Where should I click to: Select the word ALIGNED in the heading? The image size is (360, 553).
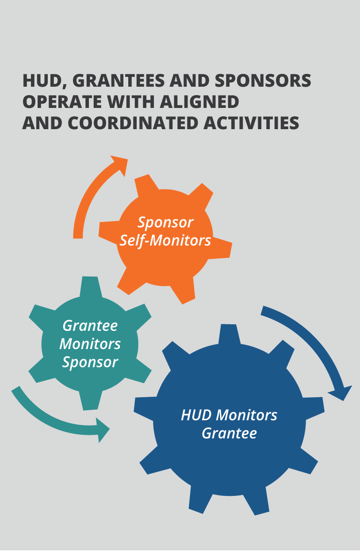[x=199, y=102]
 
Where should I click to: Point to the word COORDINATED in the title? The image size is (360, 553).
[x=133, y=123]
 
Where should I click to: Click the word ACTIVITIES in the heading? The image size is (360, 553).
[x=251, y=123]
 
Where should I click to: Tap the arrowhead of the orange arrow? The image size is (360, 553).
[x=121, y=165]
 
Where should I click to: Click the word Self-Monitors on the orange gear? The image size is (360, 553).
[x=165, y=241]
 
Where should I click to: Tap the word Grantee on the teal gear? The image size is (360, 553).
[x=90, y=326]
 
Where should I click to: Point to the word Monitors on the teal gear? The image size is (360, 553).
[x=90, y=344]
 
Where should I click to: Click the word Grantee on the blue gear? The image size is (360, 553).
[x=229, y=433]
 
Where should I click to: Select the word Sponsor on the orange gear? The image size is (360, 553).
[x=165, y=223]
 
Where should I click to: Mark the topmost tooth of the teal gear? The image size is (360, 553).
[x=91, y=287]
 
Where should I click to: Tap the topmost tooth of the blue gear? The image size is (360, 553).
[x=229, y=334]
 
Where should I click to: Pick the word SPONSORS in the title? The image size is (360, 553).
[x=263, y=81]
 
